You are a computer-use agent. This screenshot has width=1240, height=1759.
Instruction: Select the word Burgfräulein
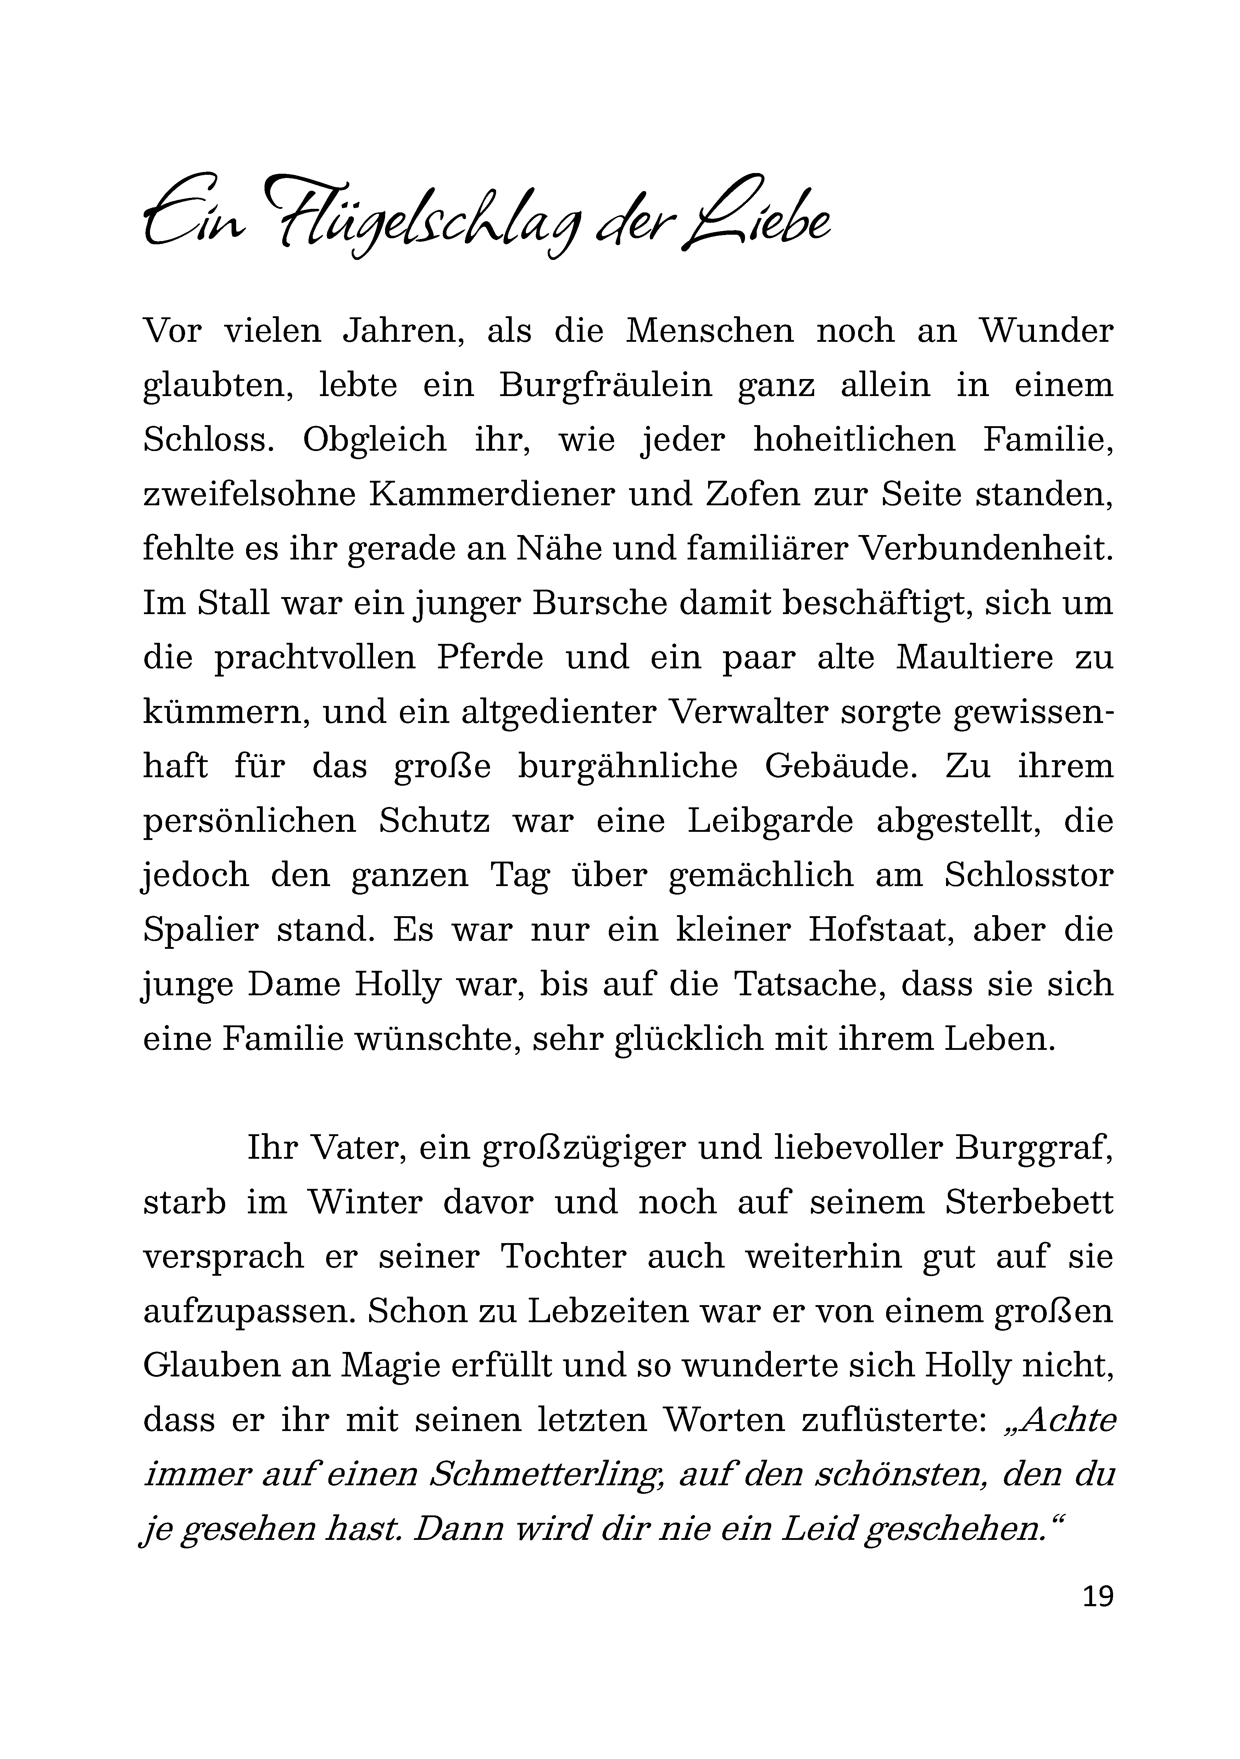pos(605,385)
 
